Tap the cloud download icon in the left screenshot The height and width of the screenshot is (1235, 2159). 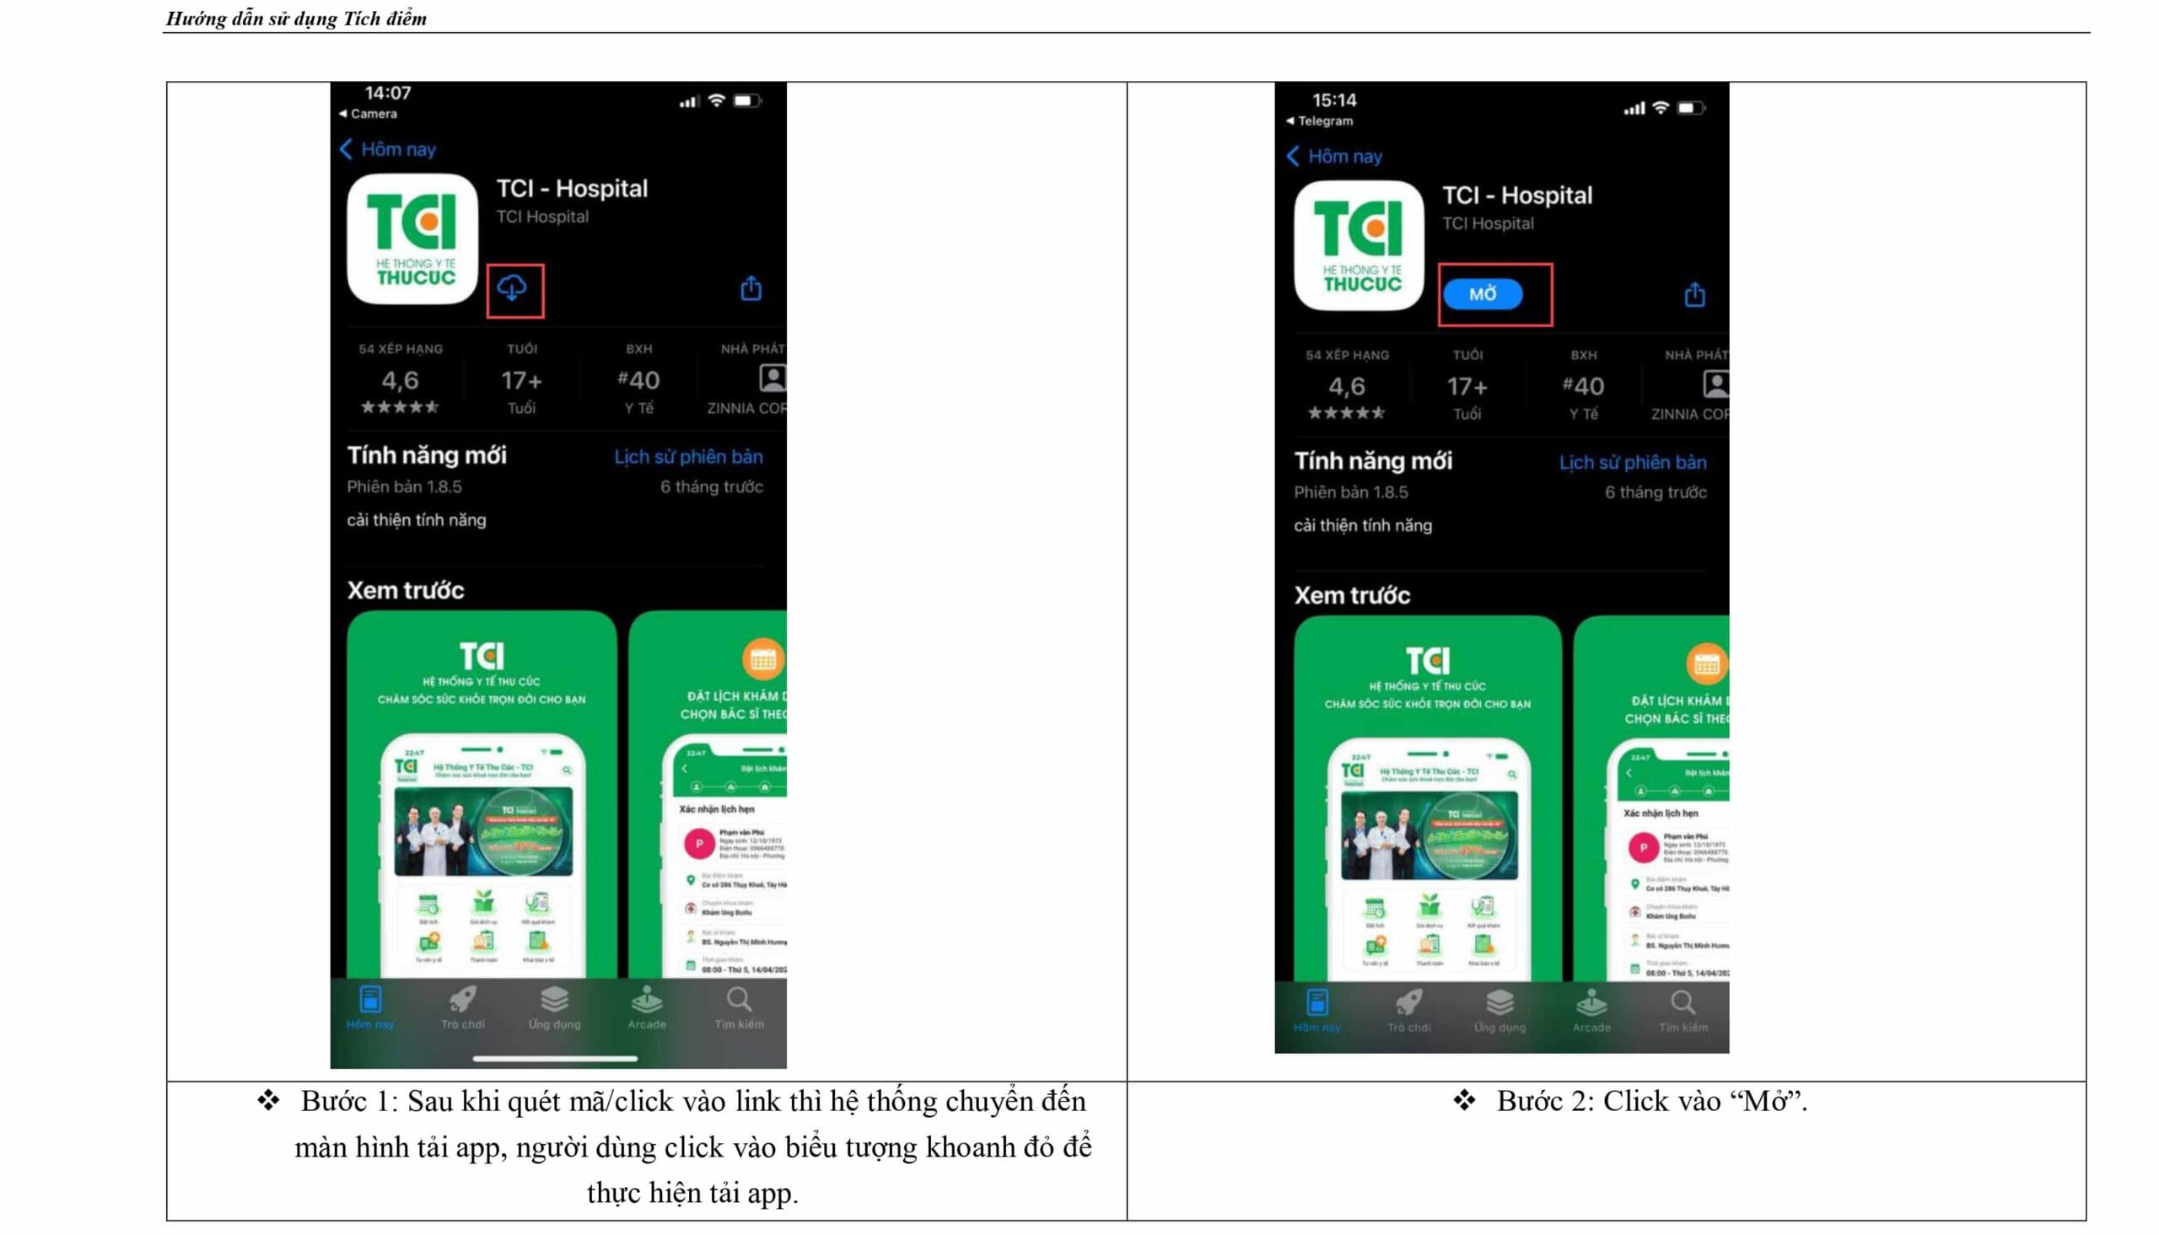pos(512,289)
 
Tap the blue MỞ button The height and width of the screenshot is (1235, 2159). pos(1482,294)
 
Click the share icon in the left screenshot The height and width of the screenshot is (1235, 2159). pos(751,288)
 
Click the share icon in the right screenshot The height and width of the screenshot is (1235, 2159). pos(1694,294)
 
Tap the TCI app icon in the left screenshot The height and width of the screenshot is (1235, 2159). pos(413,239)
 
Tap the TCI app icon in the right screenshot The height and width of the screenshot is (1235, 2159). pos(1359,245)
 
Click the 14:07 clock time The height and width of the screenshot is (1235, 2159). pos(388,94)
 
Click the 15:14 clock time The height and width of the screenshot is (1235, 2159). pos(1333,100)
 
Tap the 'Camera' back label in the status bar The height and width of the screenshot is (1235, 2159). pos(374,114)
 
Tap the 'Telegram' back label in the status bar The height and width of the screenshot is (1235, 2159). pos(1325,121)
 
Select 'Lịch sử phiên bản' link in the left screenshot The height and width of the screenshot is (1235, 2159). pos(688,457)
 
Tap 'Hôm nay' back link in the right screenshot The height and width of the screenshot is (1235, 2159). pos(1343,157)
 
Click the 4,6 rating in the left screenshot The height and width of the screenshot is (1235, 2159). pos(400,380)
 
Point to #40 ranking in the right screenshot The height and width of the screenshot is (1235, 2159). pos(1582,387)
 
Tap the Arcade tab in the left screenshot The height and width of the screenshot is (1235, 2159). pos(646,1007)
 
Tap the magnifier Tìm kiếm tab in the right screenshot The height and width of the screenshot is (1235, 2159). pos(1683,1009)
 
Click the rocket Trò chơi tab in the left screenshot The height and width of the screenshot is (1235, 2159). pos(462,1007)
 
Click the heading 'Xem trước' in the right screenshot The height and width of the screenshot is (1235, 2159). pos(1351,595)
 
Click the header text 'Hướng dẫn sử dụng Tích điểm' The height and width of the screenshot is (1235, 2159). pos(296,19)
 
